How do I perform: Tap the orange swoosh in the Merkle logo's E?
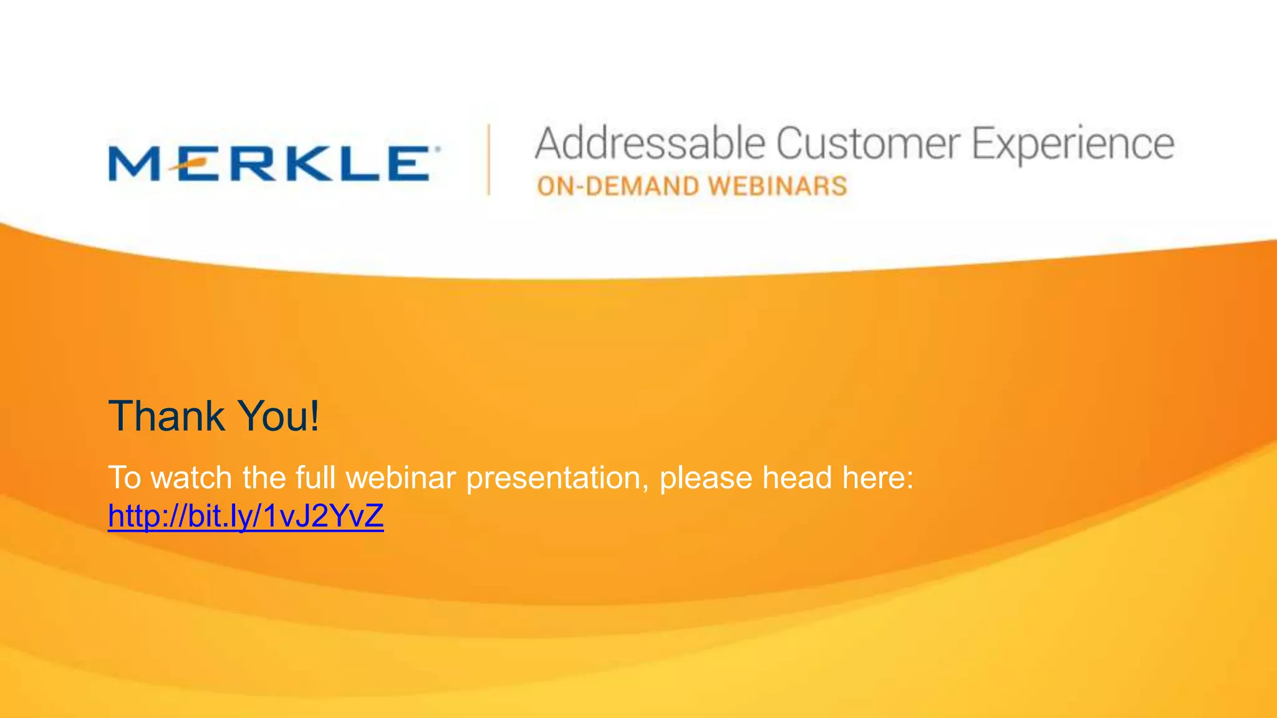[x=187, y=164]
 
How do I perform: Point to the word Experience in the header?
[x=1072, y=145]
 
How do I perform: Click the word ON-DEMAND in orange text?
[x=618, y=186]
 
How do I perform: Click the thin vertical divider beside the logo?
[x=489, y=160]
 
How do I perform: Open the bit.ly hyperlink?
[x=246, y=516]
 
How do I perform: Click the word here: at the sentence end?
[x=878, y=478]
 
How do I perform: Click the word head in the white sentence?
[x=798, y=478]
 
